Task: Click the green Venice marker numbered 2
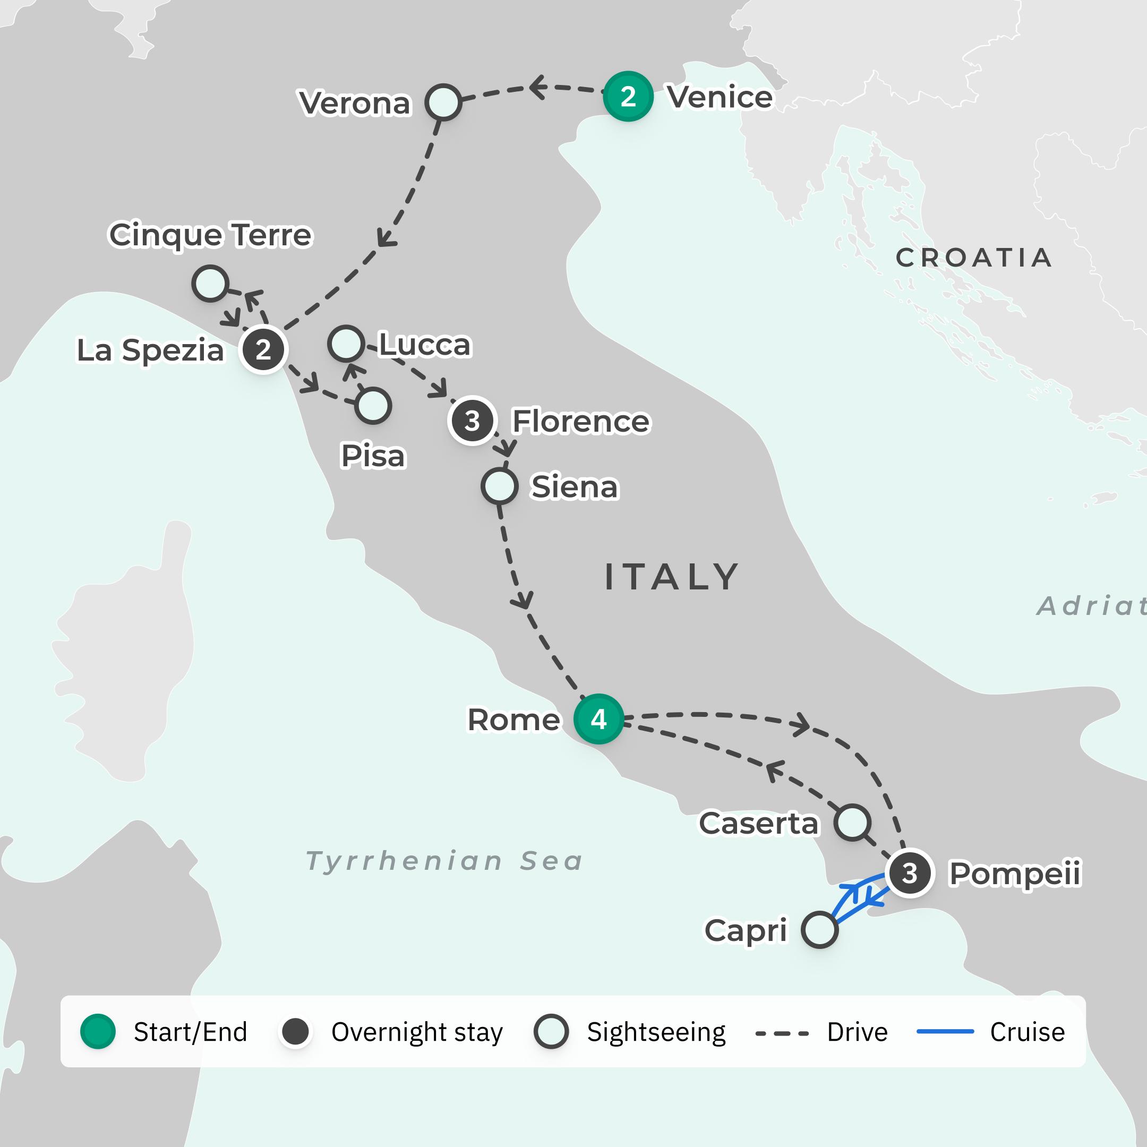tap(628, 96)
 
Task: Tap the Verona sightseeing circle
tap(443, 102)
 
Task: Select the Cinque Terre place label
tap(210, 235)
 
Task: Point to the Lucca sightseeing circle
tap(346, 343)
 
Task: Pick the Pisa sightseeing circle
tap(373, 406)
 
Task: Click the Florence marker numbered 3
tap(472, 421)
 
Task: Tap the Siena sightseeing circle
tap(499, 486)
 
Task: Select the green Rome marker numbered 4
tap(598, 719)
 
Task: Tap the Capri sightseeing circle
tap(819, 930)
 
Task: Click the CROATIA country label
tap(974, 258)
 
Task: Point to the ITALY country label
tap(671, 577)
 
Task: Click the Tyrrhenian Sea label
tap(444, 861)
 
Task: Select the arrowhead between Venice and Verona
tap(537, 87)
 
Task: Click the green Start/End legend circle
tap(98, 1032)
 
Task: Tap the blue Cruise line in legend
tap(945, 1032)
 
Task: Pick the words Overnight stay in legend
tap(417, 1032)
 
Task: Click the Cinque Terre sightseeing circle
tap(210, 283)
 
